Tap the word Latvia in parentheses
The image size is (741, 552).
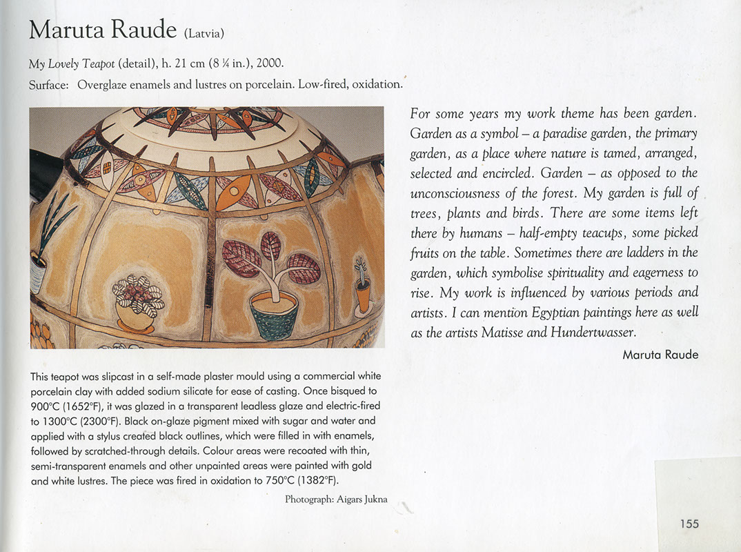(x=204, y=33)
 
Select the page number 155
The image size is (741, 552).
(x=689, y=524)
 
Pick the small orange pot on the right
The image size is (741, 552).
(x=363, y=298)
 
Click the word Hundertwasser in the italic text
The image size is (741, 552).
(x=593, y=332)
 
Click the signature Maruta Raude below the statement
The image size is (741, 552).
(x=660, y=355)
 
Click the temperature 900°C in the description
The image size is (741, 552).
(x=46, y=406)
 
